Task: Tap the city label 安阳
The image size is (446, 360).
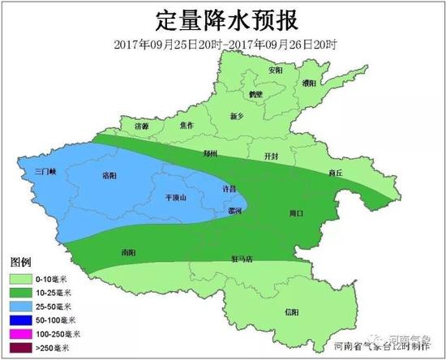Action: point(276,71)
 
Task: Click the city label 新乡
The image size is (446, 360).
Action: point(237,116)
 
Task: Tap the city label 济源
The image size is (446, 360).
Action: point(142,127)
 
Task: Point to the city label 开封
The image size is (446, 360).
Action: point(272,155)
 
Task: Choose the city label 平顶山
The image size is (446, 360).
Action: point(175,197)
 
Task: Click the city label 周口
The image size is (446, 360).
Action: point(295,213)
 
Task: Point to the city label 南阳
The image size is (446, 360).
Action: point(127,252)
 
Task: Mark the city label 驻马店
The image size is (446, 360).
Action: point(241,259)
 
